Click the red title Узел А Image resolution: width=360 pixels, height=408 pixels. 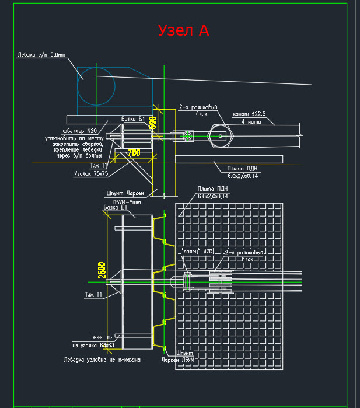click(x=183, y=30)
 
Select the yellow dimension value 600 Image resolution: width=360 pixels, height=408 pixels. click(x=153, y=122)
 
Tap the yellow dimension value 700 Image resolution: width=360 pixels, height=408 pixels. click(x=134, y=153)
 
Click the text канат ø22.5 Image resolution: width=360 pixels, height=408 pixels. click(x=249, y=114)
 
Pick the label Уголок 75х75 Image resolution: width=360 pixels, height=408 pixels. click(x=90, y=173)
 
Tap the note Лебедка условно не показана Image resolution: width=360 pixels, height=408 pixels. click(x=102, y=360)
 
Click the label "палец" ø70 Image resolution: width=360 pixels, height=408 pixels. click(x=198, y=251)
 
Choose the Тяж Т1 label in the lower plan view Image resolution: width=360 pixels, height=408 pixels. click(x=93, y=295)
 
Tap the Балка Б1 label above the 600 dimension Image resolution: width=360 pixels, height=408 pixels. click(x=132, y=119)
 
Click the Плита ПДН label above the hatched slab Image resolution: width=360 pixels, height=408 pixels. click(x=213, y=189)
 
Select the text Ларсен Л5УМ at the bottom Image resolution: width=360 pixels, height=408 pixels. click(x=178, y=360)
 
